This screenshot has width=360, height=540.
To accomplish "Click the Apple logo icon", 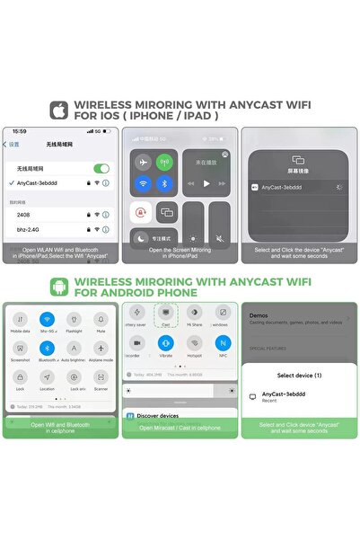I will (60, 110).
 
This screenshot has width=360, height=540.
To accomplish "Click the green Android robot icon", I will (60, 287).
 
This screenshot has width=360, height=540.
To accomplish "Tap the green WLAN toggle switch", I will (101, 168).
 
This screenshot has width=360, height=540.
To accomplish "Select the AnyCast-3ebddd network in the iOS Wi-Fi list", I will (40, 183).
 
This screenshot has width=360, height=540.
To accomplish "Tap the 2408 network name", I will (24, 214).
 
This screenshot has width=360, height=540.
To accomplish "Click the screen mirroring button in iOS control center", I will (165, 212).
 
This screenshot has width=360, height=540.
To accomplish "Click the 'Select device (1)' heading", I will (298, 375).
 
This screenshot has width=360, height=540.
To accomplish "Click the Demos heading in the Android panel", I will (259, 316).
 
